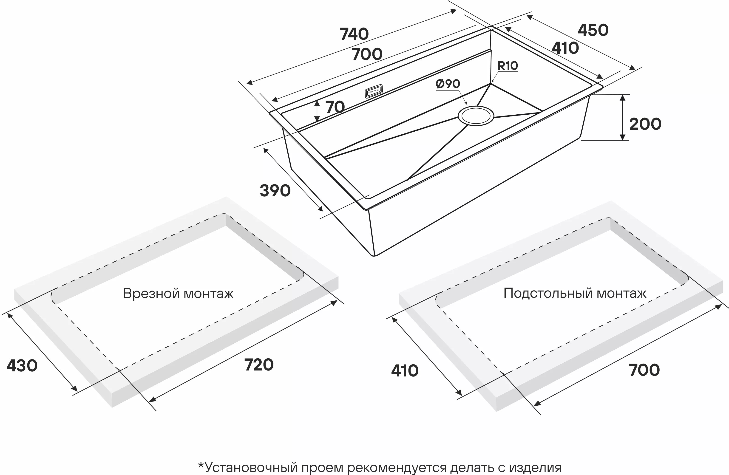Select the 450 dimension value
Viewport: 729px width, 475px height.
pos(593,30)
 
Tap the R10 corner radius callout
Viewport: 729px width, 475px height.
pos(507,65)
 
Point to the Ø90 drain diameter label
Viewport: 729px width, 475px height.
pos(448,84)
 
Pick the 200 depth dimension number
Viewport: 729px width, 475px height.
pos(645,124)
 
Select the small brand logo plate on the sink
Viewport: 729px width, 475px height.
pos(374,91)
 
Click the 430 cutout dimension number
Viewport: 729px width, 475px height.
pos(22,366)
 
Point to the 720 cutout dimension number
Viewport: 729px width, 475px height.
pos(259,365)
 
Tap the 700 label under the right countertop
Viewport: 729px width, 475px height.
pos(644,370)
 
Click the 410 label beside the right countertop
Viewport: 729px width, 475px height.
pos(405,371)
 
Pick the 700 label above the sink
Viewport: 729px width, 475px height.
pos(367,54)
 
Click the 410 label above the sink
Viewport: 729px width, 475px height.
pos(565,48)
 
